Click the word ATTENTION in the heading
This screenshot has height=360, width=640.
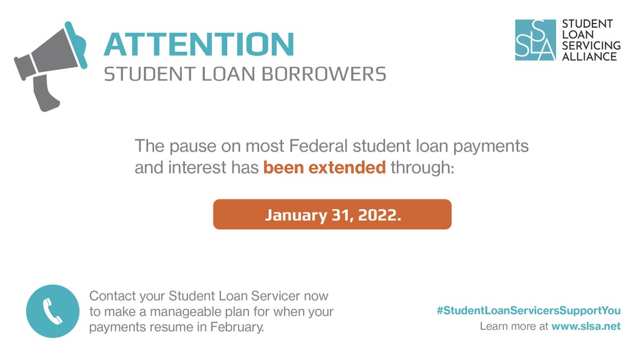198,44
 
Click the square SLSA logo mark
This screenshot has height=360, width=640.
535,40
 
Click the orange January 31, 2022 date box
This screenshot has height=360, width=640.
332,214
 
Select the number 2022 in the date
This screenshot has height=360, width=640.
379,215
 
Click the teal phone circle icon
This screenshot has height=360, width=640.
53,311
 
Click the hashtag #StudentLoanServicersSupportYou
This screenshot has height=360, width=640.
529,310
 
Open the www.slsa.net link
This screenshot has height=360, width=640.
586,326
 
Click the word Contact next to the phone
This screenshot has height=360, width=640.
109,295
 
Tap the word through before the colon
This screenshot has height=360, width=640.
419,168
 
